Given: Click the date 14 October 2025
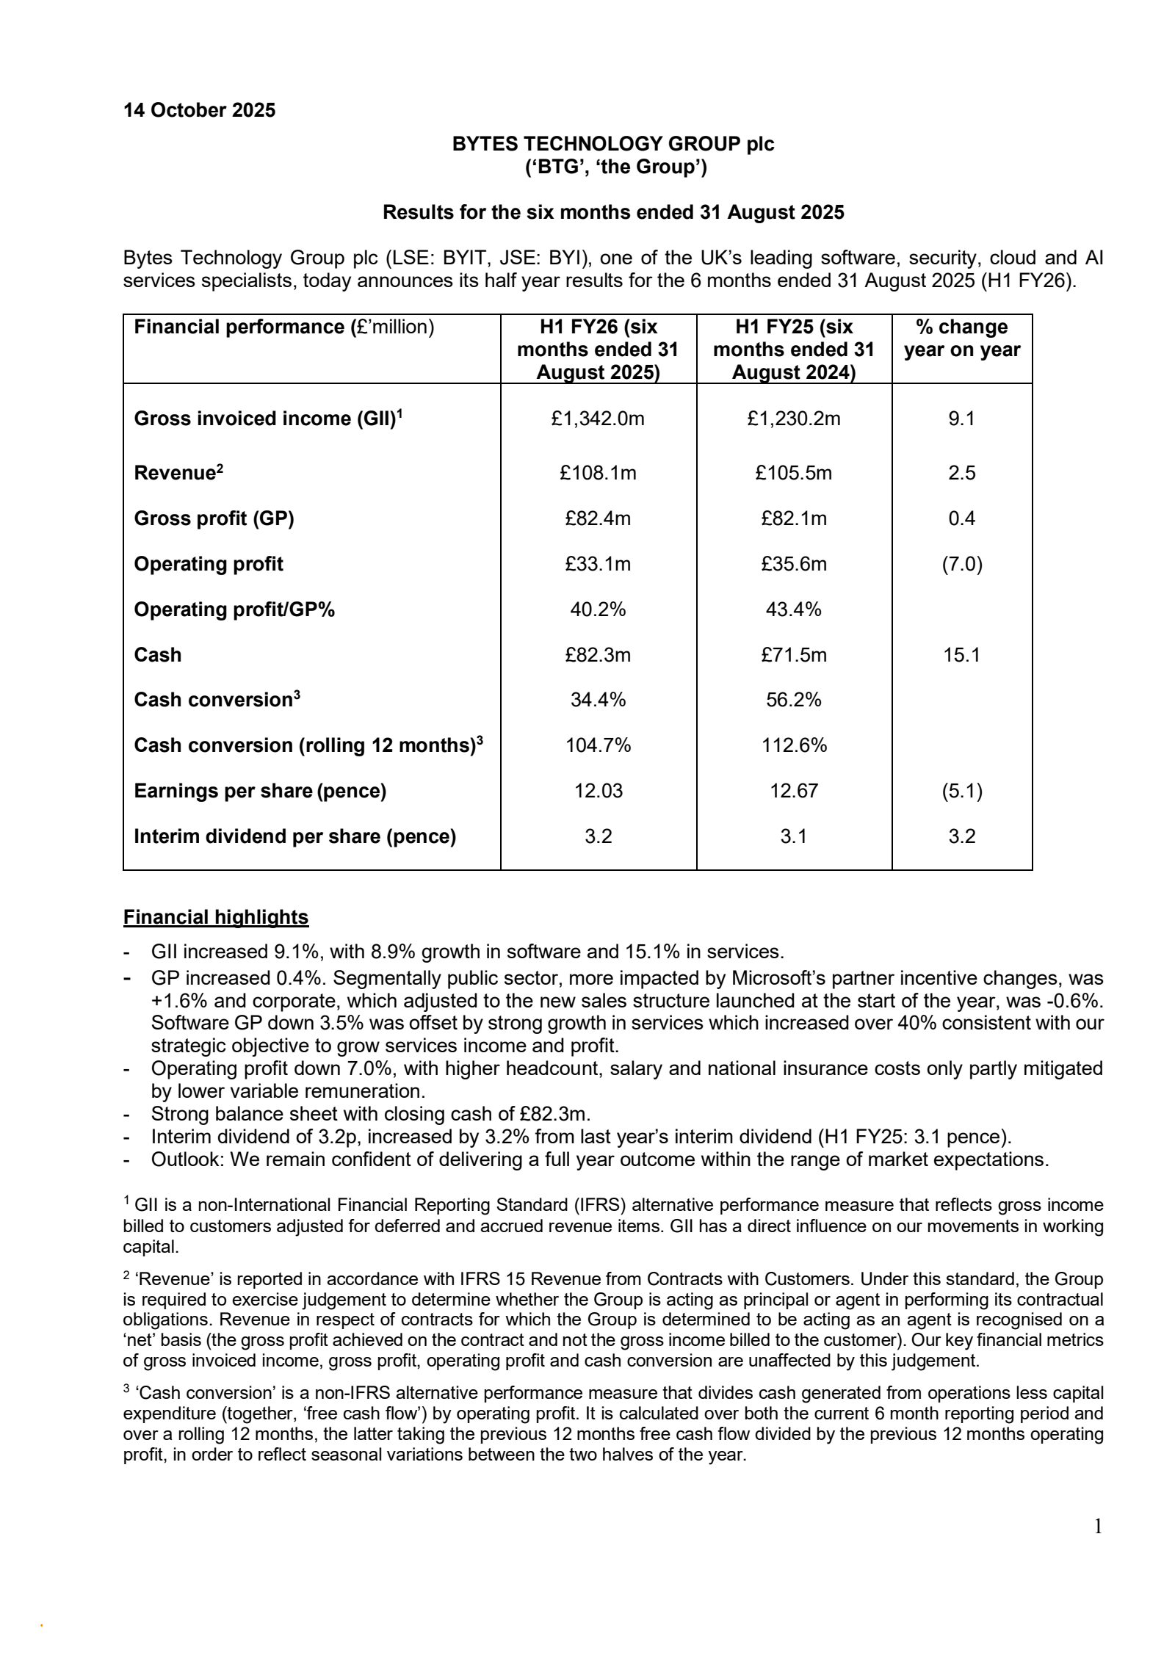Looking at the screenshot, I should (x=199, y=110).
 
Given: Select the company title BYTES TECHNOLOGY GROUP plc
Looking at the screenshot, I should (x=612, y=144).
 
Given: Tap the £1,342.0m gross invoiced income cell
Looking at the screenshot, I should (x=598, y=419).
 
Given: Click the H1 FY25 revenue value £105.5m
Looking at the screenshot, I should (x=793, y=473).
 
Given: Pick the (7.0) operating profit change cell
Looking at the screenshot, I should (x=961, y=564).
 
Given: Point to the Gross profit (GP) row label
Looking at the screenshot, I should (x=214, y=518).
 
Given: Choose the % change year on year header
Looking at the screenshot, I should (x=961, y=338).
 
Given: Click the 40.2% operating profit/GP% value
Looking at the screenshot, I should (x=598, y=609).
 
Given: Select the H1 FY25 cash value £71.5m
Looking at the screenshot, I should (x=793, y=655).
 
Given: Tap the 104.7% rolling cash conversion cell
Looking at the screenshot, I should (x=598, y=745).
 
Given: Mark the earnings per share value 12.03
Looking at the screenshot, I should (x=598, y=791).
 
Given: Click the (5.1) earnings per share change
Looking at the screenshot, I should (x=961, y=791).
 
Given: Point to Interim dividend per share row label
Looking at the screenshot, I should (x=294, y=836).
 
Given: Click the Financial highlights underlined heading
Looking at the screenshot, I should (x=216, y=917).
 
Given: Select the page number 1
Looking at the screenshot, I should (x=1098, y=1527).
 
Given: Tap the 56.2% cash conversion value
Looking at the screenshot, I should (x=793, y=700).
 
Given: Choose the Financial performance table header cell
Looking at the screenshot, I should (x=283, y=327).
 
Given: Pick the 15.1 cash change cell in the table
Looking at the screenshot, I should (x=961, y=655).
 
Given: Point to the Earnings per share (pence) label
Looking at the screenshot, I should (x=260, y=791).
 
